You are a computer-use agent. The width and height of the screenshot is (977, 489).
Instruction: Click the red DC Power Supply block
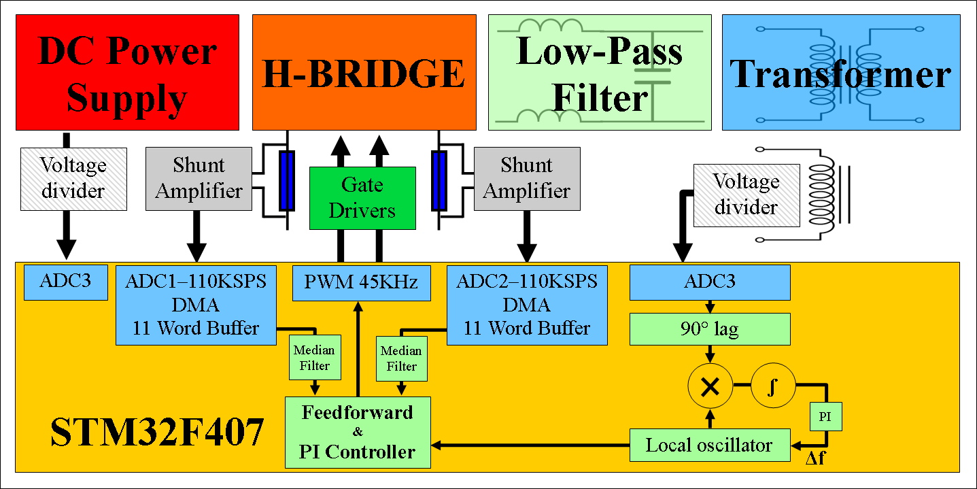127,72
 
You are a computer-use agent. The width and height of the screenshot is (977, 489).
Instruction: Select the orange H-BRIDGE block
364,72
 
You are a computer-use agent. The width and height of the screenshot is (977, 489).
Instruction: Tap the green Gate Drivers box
362,198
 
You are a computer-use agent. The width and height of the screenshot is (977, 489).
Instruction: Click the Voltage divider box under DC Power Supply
73,178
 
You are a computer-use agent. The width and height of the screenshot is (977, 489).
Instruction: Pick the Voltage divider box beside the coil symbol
746,195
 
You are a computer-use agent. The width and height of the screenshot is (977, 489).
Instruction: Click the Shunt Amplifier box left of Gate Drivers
199,178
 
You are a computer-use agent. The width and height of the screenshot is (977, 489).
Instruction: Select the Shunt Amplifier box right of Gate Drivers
526,178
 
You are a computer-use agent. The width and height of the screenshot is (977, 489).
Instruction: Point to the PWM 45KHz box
362,282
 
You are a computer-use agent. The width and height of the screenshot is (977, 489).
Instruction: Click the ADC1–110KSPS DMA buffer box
196,305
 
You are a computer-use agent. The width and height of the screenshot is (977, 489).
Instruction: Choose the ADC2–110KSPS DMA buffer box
527,305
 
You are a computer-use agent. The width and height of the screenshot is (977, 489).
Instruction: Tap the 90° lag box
710,329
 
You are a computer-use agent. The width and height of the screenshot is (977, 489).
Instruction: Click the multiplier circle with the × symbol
710,387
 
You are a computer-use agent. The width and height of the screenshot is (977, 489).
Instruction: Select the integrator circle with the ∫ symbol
772,387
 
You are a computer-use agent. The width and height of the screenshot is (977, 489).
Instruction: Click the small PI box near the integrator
825,417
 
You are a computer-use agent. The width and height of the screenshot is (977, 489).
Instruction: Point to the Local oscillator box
710,445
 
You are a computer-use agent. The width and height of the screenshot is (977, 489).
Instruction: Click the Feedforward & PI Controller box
358,433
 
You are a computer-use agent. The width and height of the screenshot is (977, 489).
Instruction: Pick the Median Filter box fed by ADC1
314,358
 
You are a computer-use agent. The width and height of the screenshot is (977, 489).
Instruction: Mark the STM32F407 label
157,433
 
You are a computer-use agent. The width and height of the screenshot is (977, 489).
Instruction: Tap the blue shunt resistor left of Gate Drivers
287,180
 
